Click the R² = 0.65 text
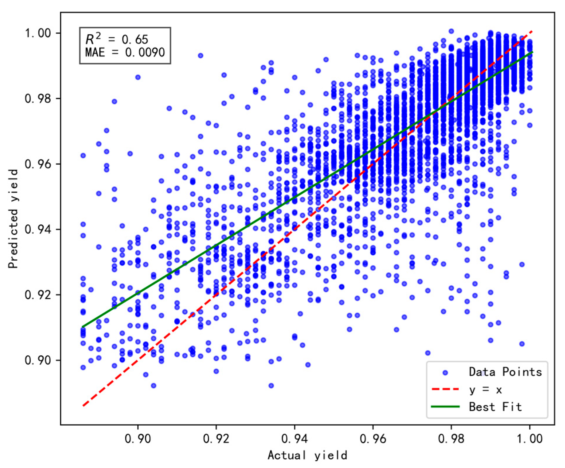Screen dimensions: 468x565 click(x=117, y=39)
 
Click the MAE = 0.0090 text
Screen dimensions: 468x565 click(x=125, y=53)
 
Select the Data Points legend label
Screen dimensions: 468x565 click(x=505, y=372)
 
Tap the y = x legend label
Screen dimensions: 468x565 click(x=486, y=389)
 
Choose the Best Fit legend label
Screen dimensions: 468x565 click(x=495, y=407)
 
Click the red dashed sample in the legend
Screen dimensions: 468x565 click(x=445, y=389)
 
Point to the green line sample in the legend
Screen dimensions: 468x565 click(x=445, y=407)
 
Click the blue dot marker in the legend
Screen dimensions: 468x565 click(x=445, y=372)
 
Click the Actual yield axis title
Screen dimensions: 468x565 click(x=307, y=455)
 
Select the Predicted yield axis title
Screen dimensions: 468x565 click(x=13, y=218)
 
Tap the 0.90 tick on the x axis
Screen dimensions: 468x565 click(x=138, y=439)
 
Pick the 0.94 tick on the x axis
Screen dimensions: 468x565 click(x=295, y=439)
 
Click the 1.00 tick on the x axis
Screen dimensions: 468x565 click(x=530, y=439)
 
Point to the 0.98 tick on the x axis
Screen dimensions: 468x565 click(x=451, y=439)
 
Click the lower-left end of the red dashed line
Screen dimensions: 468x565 click(x=84, y=406)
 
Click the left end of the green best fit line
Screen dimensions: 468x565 click(x=83, y=327)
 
